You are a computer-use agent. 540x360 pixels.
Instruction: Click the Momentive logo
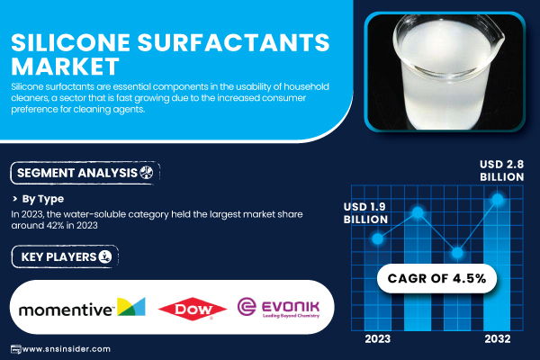coord(82,308)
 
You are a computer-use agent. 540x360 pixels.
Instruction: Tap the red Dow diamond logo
coord(193,309)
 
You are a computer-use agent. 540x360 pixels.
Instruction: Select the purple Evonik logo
coord(278,308)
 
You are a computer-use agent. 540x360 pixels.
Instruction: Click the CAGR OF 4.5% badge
coord(436,278)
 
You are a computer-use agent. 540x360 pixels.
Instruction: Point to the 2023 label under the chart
coord(377,339)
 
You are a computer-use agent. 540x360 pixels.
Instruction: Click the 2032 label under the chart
coord(498,339)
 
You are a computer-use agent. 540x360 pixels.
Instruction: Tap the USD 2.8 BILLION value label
coord(502,170)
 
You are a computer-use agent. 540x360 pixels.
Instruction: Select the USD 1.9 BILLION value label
coord(365,213)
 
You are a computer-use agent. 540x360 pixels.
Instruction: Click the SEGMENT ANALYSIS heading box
coord(85,173)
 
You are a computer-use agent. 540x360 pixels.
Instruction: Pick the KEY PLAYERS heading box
coord(65,256)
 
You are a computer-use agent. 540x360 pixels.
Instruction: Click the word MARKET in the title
coord(65,66)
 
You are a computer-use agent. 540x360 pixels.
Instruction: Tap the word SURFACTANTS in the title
coord(233,42)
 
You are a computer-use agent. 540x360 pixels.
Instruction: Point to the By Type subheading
coord(42,199)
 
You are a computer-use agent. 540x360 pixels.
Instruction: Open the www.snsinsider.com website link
coord(66,349)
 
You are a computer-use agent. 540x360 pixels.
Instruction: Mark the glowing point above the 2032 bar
coord(498,199)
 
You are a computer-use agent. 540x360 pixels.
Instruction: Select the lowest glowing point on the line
coord(457,253)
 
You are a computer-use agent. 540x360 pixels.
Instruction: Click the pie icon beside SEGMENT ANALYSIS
coord(147,172)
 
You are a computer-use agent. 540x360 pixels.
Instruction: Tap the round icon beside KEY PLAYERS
coord(105,256)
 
